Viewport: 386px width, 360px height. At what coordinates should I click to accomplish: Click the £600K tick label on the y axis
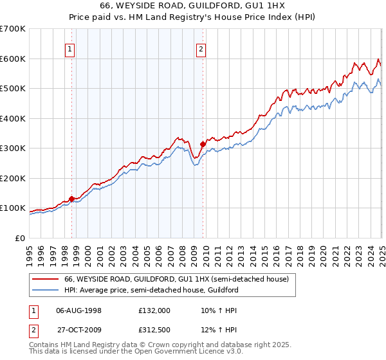pyautogui.click(x=13, y=59)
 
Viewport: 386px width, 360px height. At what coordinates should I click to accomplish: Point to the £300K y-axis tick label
pyautogui.click(x=13, y=148)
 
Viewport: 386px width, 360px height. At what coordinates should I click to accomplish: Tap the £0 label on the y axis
pyautogui.click(x=21, y=238)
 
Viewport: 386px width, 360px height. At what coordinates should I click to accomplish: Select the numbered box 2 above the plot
pyautogui.click(x=201, y=49)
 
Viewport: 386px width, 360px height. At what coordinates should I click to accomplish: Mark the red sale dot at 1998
pyautogui.click(x=71, y=198)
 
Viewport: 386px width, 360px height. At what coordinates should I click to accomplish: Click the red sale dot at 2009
pyautogui.click(x=203, y=144)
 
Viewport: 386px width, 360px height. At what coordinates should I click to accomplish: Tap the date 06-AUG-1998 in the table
pyautogui.click(x=79, y=310)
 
